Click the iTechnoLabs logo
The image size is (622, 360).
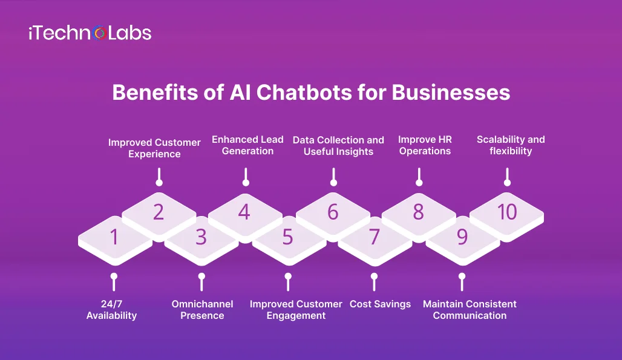tap(90, 33)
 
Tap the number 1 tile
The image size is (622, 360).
tap(114, 238)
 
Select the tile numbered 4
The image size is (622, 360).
tap(244, 212)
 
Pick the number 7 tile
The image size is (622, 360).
tap(375, 238)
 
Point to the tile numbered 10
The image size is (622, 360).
tap(507, 212)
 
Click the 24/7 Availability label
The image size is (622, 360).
tap(112, 310)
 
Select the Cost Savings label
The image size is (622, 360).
tap(380, 304)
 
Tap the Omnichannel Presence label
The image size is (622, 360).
tap(202, 310)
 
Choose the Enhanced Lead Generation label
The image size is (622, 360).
tap(247, 145)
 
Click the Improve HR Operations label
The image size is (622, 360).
tap(425, 145)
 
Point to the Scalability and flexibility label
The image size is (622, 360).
tap(511, 145)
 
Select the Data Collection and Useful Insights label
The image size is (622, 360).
tap(338, 146)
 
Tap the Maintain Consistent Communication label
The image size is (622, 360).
tap(470, 310)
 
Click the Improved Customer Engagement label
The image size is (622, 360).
tap(296, 310)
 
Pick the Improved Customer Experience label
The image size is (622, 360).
tap(154, 148)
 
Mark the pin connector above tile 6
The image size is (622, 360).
tap(333, 177)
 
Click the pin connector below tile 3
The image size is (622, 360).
tap(201, 281)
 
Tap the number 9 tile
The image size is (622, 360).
tap(462, 238)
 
